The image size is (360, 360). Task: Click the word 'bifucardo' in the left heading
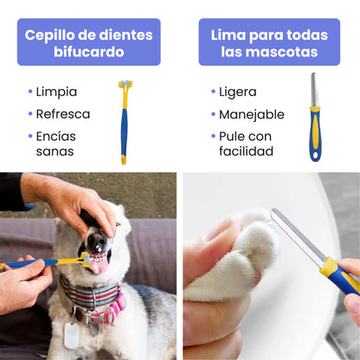pyautogui.click(x=88, y=51)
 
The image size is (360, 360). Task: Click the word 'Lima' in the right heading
pyautogui.click(x=229, y=35)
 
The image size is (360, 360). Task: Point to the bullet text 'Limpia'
pyautogui.click(x=56, y=92)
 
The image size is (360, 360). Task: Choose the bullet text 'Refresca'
pyautogui.click(x=62, y=113)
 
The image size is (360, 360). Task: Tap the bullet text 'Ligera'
pyautogui.click(x=238, y=92)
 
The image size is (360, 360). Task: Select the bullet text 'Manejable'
pyautogui.click(x=251, y=113)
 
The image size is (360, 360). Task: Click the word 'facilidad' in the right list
pyautogui.click(x=246, y=151)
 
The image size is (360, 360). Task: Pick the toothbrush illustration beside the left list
pyautogui.click(x=124, y=121)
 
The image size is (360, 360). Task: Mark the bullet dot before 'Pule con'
pyautogui.click(x=212, y=137)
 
